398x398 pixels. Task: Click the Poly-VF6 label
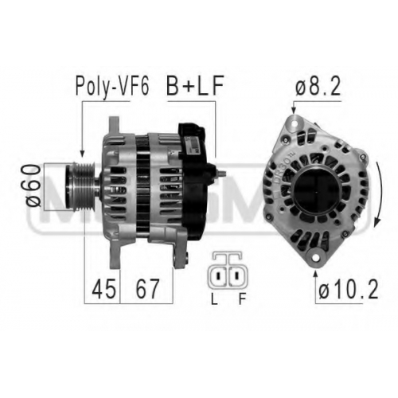112,86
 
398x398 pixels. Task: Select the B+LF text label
194,85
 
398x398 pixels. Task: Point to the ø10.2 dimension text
349,289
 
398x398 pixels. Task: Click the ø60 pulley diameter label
33,185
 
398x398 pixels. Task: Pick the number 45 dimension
103,289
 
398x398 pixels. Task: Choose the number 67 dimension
147,289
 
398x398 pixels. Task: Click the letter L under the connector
214,299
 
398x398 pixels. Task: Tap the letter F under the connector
242,299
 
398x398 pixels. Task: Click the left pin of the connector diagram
219,275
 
